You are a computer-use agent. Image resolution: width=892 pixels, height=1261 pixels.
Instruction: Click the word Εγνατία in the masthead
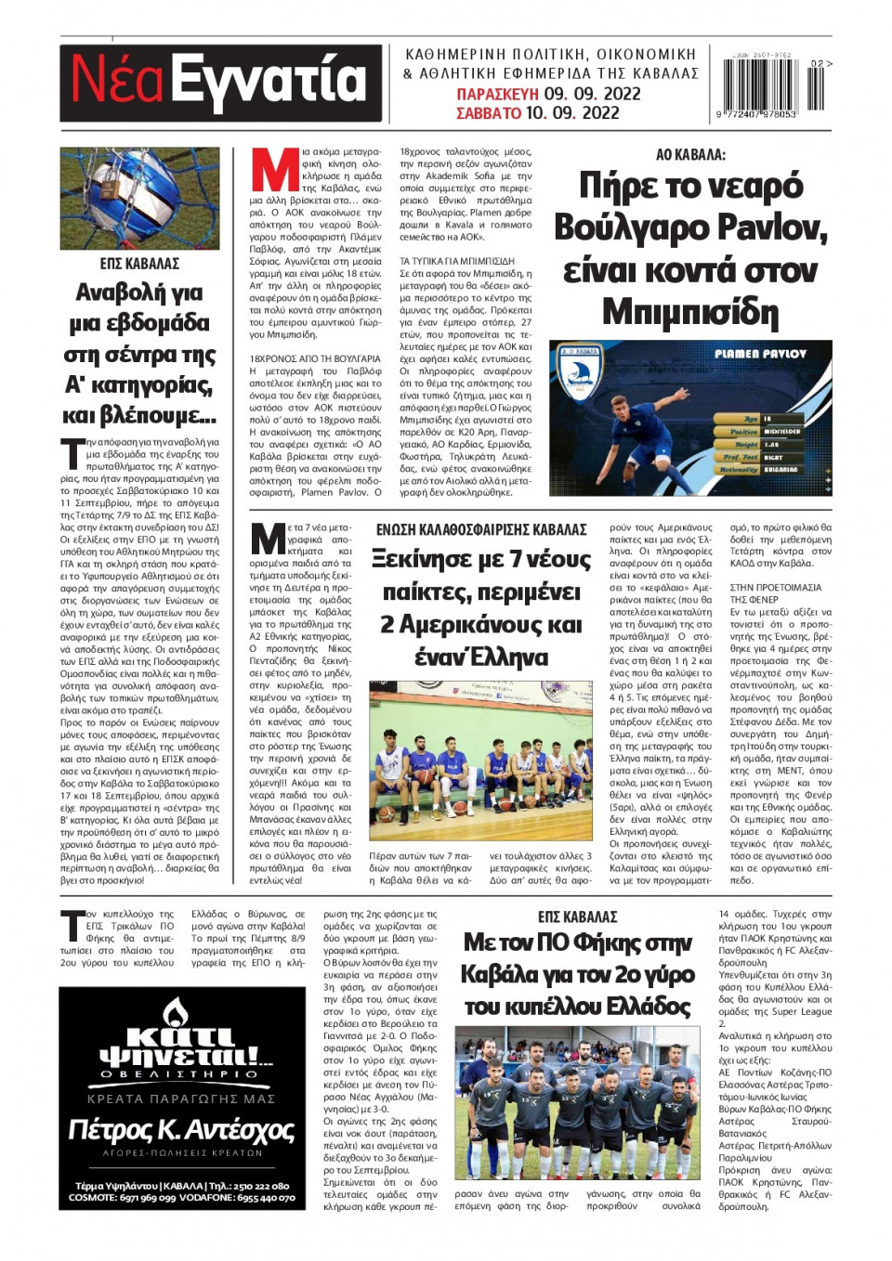tap(270, 80)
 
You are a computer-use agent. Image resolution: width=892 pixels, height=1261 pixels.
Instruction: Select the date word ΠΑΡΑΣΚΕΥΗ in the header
tap(497, 94)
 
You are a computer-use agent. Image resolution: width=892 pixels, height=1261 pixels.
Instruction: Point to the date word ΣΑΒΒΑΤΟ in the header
tap(489, 113)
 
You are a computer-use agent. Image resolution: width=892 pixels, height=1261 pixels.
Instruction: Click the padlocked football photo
tap(139, 198)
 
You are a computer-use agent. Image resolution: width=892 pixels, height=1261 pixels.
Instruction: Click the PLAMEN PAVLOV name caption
tap(760, 354)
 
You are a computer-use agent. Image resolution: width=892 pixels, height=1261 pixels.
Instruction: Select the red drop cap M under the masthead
tap(274, 170)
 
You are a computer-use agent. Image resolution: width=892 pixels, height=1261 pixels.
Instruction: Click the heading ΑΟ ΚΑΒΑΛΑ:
tap(690, 155)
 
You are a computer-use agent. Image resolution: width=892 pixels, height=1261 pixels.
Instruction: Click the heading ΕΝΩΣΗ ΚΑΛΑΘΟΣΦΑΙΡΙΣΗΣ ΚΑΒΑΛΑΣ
tap(481, 529)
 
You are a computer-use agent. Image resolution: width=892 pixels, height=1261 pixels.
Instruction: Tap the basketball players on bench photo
tap(480, 761)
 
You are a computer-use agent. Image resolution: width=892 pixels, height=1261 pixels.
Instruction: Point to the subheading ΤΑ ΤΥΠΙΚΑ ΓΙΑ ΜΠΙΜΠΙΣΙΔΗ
tap(456, 262)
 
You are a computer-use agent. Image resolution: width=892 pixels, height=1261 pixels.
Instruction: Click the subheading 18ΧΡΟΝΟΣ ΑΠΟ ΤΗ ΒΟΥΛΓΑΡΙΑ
tap(315, 358)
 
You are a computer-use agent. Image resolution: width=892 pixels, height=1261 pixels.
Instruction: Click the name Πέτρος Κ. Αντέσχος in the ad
tap(181, 1130)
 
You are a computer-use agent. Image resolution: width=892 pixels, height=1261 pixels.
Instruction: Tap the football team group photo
tap(577, 1102)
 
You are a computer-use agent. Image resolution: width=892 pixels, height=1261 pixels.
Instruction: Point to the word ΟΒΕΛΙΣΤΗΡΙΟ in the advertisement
tap(180, 1074)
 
